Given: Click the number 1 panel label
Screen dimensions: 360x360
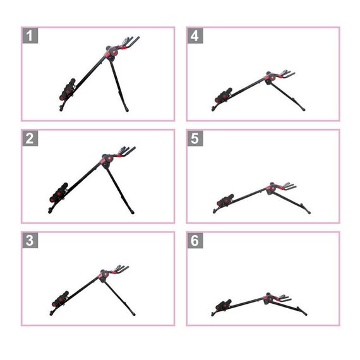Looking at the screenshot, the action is (x=30, y=35).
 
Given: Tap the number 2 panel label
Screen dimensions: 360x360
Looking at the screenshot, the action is (x=30, y=138).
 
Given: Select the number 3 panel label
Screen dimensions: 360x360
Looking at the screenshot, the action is (x=30, y=241).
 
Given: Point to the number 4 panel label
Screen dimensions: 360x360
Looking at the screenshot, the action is (x=195, y=35).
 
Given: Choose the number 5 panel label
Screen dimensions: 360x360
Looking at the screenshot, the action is (x=195, y=138).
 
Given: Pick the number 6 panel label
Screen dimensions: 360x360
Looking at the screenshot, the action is (x=195, y=241).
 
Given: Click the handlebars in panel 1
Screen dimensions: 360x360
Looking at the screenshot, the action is (x=129, y=42).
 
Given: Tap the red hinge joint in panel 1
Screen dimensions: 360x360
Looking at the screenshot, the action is (x=112, y=54).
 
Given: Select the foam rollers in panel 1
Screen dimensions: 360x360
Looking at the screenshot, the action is (x=68, y=90).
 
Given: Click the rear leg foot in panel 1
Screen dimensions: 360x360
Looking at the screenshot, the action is (x=127, y=110).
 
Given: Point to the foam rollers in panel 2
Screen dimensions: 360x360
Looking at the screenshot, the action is (x=59, y=193).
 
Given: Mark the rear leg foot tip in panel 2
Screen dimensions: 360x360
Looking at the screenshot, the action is (x=133, y=212).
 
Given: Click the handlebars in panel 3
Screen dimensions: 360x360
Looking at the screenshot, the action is (x=122, y=269).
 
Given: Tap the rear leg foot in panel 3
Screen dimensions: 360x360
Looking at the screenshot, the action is (x=134, y=314).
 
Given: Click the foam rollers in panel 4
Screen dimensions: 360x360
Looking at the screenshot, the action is (x=224, y=95).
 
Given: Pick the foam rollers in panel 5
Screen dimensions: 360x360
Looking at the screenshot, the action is (x=225, y=200).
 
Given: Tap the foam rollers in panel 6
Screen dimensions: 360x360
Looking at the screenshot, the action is (x=224, y=305).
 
